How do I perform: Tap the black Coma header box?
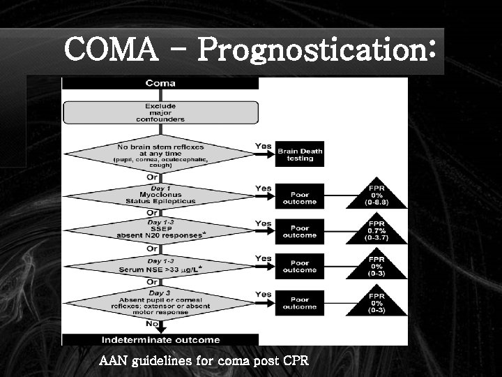pos(160,83)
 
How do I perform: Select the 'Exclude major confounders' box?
pos(160,112)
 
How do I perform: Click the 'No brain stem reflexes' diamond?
pos(160,155)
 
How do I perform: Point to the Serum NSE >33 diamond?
pos(160,266)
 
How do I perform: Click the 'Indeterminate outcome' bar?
pos(160,340)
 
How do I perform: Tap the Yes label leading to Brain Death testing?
pos(264,147)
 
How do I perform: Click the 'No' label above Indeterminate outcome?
pos(149,324)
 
